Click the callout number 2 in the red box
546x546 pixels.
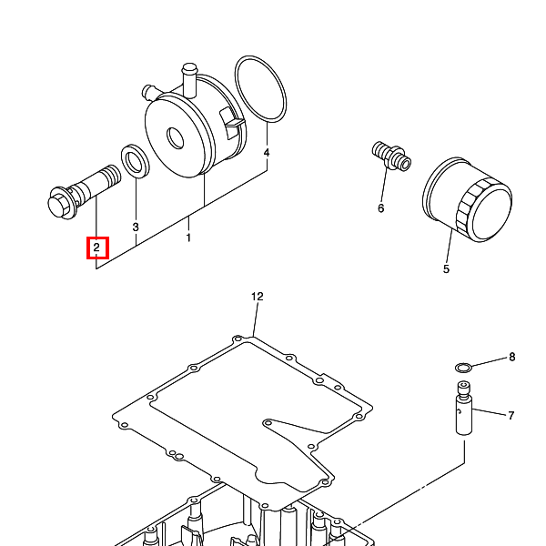[96, 248]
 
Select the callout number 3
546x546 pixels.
[136, 227]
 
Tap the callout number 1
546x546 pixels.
[188, 238]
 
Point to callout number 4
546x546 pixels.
[267, 154]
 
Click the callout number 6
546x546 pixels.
[381, 207]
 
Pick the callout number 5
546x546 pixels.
[446, 268]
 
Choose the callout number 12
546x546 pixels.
[257, 297]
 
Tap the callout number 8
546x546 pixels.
[511, 357]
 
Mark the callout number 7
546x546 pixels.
[511, 416]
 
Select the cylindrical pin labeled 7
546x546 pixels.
[463, 412]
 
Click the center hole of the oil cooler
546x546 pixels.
[174, 137]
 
